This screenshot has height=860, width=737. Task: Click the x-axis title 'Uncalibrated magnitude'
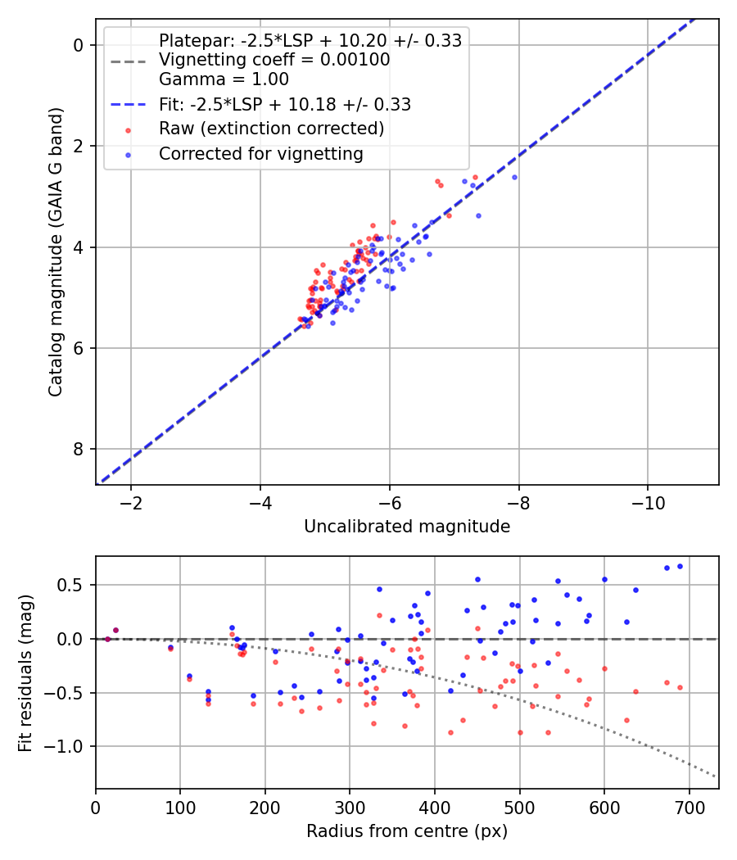tap(407, 527)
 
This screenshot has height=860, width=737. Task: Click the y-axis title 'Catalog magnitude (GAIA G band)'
tap(56, 252)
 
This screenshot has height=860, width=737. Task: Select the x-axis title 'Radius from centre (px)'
tap(407, 831)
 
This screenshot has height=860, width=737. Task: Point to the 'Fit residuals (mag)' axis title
tap(25, 673)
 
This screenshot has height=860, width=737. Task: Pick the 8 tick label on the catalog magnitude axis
tap(79, 449)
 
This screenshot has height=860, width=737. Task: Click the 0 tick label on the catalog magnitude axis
tap(79, 45)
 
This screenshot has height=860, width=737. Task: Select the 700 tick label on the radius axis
tap(689, 808)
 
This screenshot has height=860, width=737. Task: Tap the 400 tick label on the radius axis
tap(435, 808)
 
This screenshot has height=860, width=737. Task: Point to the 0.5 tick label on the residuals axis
tap(70, 586)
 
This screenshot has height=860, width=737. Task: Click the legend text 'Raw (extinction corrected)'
tap(271, 129)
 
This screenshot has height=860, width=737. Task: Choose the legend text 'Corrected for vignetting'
tap(261, 154)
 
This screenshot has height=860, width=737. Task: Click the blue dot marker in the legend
tap(129, 156)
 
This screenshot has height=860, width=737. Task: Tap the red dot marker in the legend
tap(129, 130)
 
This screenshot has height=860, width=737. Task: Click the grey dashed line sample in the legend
tap(129, 61)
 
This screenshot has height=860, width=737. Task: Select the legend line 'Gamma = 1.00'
tap(224, 79)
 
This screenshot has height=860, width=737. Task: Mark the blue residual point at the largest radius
tap(680, 567)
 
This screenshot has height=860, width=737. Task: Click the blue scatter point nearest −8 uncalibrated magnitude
tap(514, 177)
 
